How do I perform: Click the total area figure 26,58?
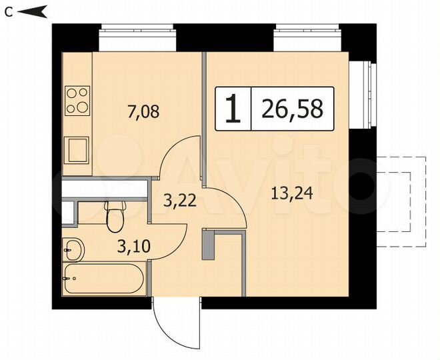[292, 109]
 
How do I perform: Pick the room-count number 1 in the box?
[233, 109]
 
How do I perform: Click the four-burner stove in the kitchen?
[77, 99]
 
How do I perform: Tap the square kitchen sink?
[77, 149]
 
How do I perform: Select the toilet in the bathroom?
[115, 215]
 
